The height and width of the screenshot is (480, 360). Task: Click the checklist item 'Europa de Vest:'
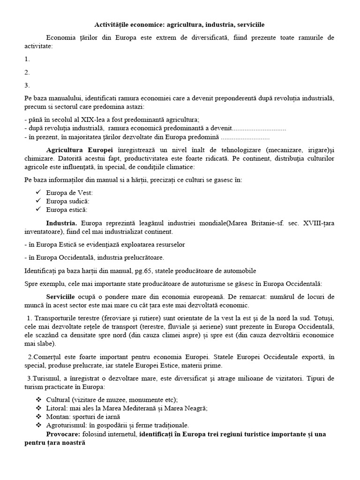pos(69,193)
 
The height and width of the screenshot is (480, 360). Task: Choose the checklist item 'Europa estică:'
pos(67,210)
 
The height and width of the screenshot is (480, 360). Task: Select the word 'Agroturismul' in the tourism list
pos(67,425)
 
